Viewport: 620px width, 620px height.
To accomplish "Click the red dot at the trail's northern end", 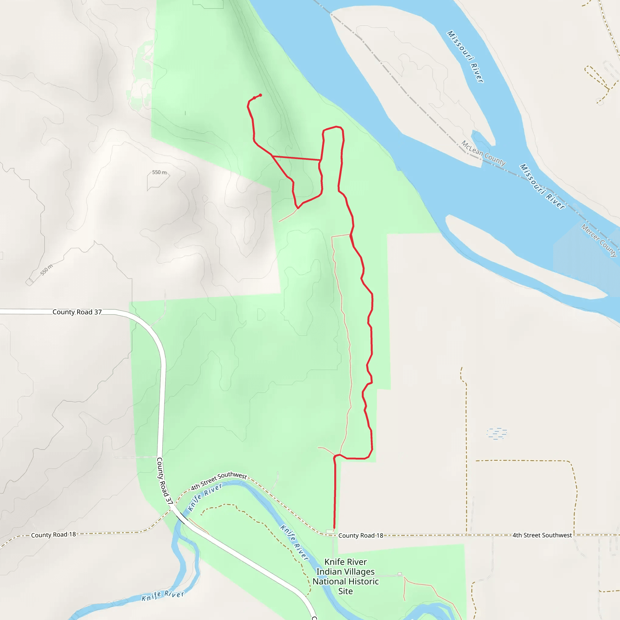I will tap(260, 95).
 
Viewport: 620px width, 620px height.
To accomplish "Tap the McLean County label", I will tap(483, 153).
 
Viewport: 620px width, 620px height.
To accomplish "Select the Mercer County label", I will tap(599, 241).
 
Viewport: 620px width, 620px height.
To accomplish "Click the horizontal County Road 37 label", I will tap(77, 312).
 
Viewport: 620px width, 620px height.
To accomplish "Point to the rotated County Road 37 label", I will tap(164, 481).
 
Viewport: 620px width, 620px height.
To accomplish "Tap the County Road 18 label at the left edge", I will tap(53, 535).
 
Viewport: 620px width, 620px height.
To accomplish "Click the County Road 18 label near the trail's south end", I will tap(361, 535).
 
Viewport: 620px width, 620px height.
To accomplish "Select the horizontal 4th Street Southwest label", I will tap(542, 535).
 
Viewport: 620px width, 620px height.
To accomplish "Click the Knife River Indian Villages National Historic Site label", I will tap(346, 576).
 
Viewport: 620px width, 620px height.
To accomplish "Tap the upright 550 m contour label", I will tap(159, 172).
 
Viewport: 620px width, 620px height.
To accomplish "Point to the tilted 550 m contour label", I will tap(47, 269).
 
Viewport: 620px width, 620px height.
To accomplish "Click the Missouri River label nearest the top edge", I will tap(465, 57).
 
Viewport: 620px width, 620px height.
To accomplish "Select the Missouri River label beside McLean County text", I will tap(542, 186).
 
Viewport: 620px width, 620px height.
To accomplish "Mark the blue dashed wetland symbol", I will tap(496, 433).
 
